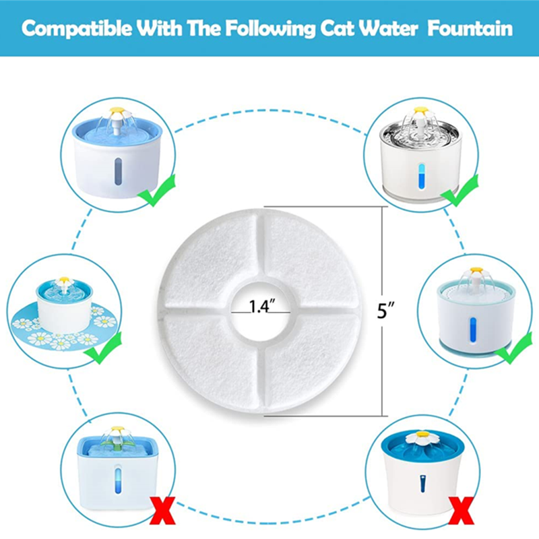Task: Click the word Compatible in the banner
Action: (77, 28)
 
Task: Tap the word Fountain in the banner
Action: (470, 28)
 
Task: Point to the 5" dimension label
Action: (385, 311)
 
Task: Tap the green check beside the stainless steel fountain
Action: (459, 190)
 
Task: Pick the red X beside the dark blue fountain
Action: (462, 511)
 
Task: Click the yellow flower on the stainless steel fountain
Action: (420, 110)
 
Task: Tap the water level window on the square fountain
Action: (118, 480)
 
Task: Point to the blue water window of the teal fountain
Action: (474, 330)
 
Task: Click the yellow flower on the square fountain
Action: (116, 431)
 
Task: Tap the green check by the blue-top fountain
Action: (156, 190)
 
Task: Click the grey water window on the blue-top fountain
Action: (118, 172)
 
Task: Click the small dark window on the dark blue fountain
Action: (423, 484)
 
